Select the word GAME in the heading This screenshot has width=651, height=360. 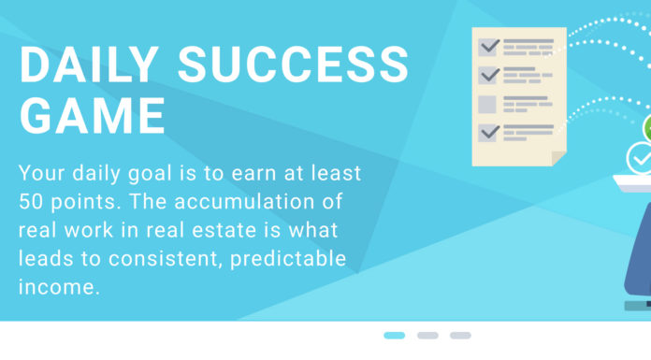point(93,116)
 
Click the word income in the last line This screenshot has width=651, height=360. point(58,285)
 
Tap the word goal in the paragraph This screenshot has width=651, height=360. point(151,173)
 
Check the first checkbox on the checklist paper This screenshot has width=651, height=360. point(488,46)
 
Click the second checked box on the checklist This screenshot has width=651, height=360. point(488,75)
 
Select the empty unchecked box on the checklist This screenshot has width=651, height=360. point(488,104)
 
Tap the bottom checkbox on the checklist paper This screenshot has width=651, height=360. point(488,133)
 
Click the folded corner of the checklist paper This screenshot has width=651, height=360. point(558,158)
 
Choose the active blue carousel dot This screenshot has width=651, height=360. point(395,335)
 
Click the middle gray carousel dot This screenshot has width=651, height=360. point(427,335)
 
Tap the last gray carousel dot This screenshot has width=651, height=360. point(460,335)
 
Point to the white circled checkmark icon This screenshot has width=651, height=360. point(641,159)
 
